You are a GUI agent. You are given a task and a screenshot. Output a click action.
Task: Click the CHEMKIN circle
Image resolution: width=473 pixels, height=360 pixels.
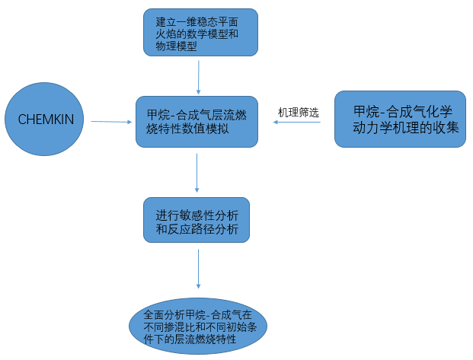pos(45,119)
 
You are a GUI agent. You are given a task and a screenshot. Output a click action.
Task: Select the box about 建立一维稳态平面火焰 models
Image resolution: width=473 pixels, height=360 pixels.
pos(200,32)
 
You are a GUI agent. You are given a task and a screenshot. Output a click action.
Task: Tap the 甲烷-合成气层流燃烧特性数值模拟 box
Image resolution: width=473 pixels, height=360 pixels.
pos(197,121)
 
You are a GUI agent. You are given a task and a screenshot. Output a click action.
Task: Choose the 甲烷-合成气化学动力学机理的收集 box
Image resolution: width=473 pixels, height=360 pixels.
pos(400,119)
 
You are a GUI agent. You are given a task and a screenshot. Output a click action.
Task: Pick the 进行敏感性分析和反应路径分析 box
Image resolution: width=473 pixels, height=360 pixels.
pos(197,220)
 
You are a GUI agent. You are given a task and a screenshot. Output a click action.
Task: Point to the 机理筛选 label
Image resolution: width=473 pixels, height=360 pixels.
pos(298,112)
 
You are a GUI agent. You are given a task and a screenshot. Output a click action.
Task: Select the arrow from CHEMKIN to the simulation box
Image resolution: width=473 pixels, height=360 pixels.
pos(110,121)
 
